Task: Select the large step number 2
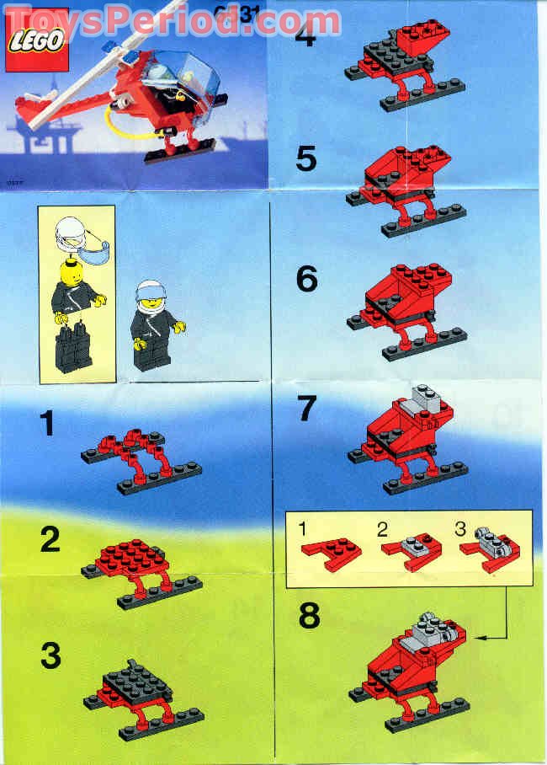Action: (50, 540)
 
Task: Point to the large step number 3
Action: (50, 655)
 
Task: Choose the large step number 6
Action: (306, 279)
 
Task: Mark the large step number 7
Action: (306, 408)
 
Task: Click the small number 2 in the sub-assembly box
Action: (382, 530)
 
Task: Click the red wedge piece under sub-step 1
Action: (332, 553)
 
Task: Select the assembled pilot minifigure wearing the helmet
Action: (153, 324)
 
